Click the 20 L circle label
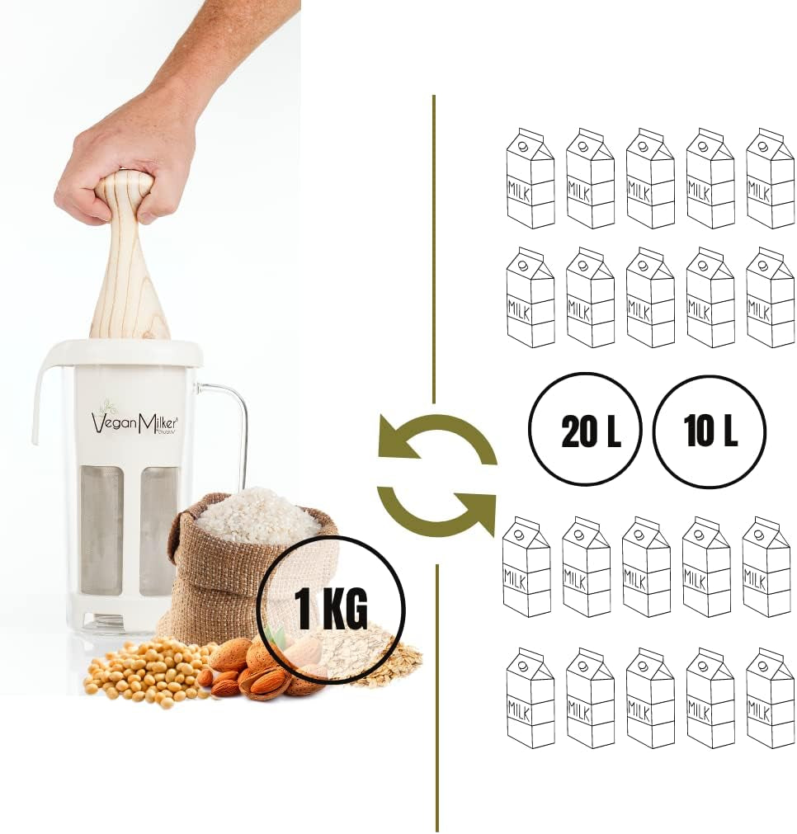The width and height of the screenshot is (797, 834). (x=585, y=430)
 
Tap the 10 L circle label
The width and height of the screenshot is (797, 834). (x=710, y=430)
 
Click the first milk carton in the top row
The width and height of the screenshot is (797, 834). (x=531, y=178)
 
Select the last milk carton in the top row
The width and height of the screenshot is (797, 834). (x=771, y=178)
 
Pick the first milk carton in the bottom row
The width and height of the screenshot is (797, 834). (x=531, y=698)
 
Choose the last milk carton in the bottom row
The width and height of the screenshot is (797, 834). (x=771, y=698)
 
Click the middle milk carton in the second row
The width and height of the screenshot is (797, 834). (x=650, y=297)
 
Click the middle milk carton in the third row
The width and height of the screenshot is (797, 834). (x=647, y=567)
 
